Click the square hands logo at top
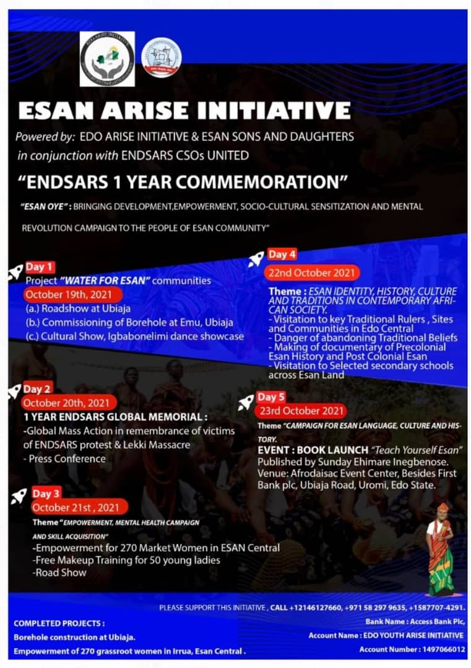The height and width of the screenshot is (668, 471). [x=107, y=59]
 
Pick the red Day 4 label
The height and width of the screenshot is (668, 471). [x=282, y=254]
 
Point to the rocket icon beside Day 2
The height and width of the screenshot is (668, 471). [x=14, y=392]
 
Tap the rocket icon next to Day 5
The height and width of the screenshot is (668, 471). [x=246, y=402]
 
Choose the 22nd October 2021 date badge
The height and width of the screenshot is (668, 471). [x=312, y=273]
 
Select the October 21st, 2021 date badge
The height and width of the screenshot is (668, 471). [x=75, y=507]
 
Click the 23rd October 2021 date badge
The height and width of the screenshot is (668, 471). [x=301, y=411]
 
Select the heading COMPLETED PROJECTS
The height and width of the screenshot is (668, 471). [x=59, y=623]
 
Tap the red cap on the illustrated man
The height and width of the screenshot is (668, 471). [x=442, y=508]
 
